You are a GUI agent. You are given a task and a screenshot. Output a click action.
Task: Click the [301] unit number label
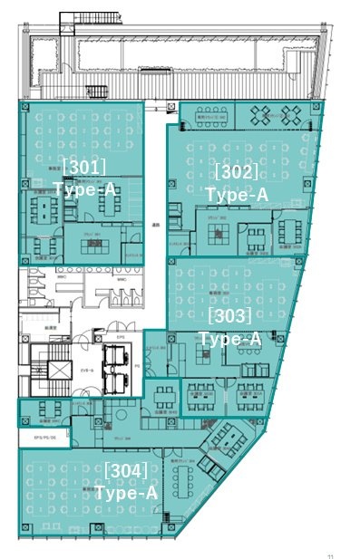coord(83,167)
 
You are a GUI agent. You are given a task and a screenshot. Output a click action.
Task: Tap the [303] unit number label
coord(229,316)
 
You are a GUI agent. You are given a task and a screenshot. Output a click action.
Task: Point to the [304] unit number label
coord(126,470)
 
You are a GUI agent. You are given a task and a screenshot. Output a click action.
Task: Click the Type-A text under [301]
coord(84,188)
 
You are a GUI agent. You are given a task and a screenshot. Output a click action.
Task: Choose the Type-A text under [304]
coord(126,493)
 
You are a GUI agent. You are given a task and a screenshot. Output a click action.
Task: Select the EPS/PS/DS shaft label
coord(44,438)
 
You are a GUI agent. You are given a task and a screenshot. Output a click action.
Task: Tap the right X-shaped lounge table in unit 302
coord(293,114)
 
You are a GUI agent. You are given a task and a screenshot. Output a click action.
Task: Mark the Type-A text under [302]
coord(237,195)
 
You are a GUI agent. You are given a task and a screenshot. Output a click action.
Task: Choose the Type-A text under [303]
coord(229,339)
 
